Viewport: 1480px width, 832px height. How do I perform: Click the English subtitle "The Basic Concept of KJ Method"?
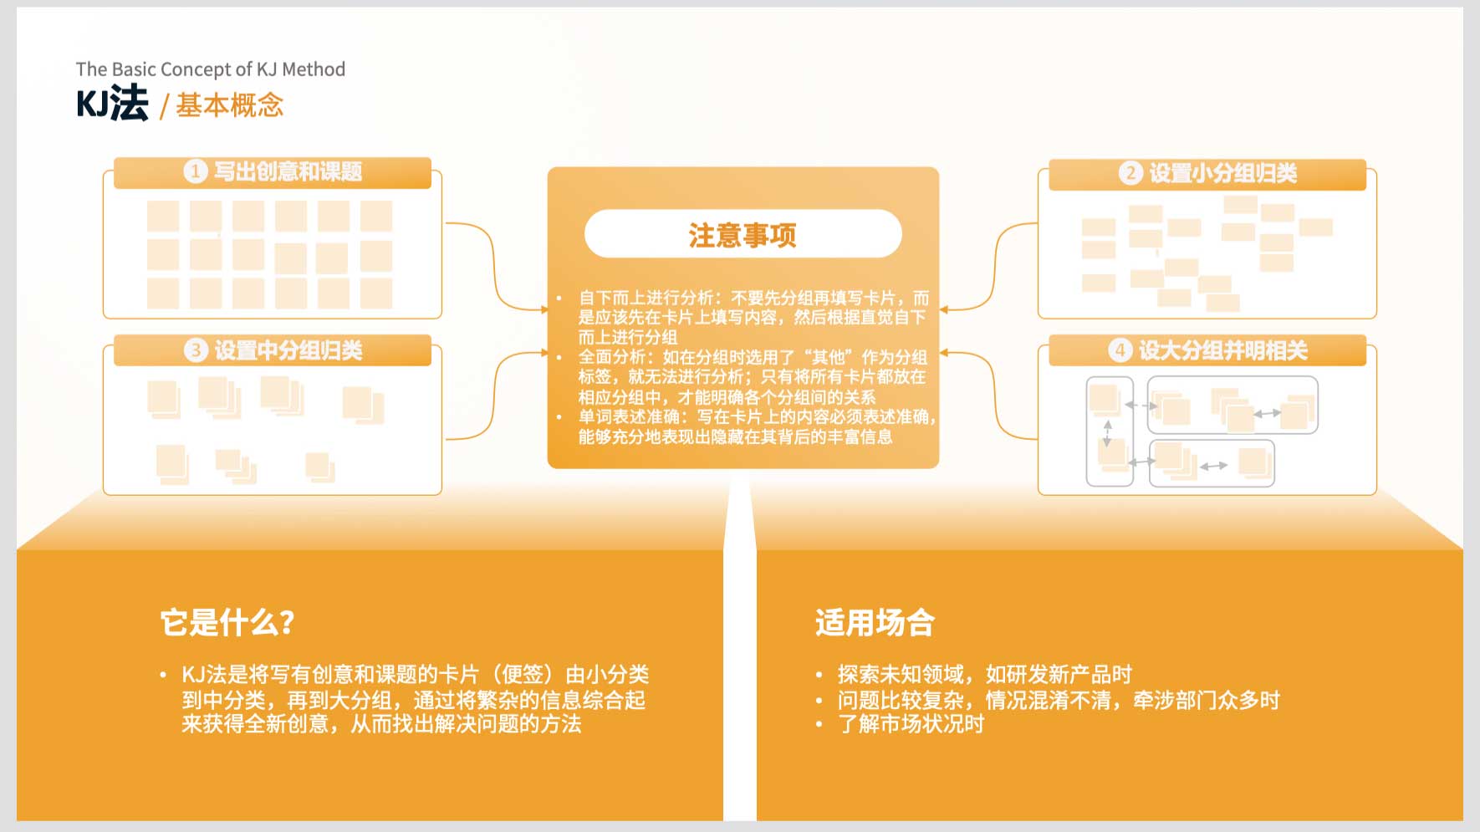pos(211,69)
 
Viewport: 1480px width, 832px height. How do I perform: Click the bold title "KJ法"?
pos(112,104)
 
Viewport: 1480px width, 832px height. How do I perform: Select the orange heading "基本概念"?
pos(230,105)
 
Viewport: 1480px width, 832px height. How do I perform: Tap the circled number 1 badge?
pos(195,171)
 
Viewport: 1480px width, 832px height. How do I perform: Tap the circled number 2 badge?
pos(1130,173)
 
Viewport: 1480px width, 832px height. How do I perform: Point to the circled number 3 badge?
pos(195,350)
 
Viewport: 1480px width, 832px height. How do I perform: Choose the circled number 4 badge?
pos(1120,350)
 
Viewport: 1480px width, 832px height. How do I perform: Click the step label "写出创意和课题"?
pos(288,171)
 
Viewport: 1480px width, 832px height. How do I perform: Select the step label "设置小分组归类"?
pos(1223,173)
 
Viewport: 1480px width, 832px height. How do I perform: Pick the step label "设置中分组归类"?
pos(288,350)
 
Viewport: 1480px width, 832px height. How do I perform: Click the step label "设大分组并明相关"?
pos(1223,350)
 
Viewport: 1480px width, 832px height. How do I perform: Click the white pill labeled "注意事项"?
pos(743,234)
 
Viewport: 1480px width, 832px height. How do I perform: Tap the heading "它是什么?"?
pos(227,622)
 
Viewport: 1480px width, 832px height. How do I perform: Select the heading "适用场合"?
pos(875,623)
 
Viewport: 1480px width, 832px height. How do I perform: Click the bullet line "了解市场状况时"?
pos(911,724)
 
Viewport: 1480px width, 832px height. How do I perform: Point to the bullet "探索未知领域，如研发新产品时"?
pos(985,674)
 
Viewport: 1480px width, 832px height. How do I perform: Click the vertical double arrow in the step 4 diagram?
pos(1108,434)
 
